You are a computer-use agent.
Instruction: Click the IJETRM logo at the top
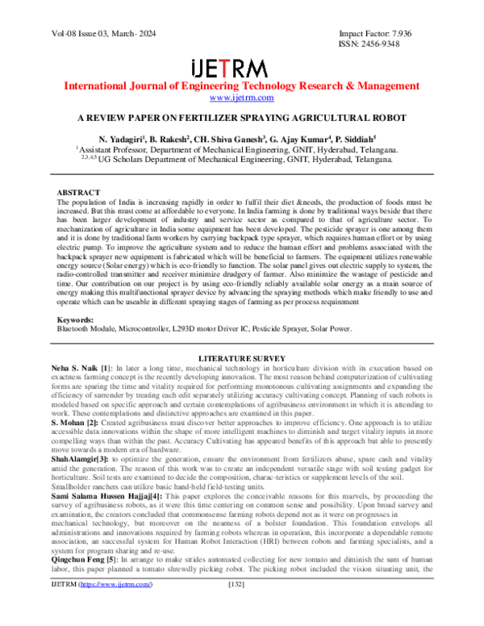[242, 65]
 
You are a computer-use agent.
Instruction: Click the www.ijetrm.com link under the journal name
[242, 98]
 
